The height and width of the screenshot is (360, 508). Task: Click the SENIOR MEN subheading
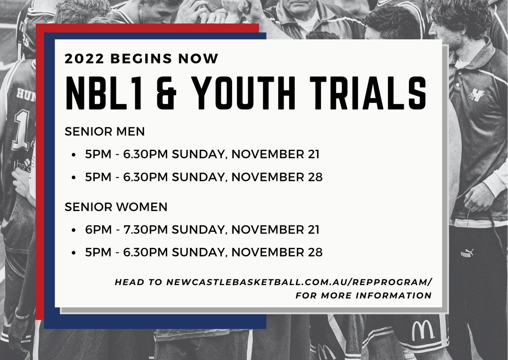105,132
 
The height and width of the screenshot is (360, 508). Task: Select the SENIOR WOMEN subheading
116,207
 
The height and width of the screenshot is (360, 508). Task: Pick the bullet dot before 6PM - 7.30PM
74,231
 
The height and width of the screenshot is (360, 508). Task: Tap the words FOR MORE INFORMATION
364,295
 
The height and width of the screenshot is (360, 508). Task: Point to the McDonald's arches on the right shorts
422,329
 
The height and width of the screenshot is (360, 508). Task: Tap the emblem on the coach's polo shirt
478,96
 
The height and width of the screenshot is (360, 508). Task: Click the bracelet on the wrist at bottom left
22,315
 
